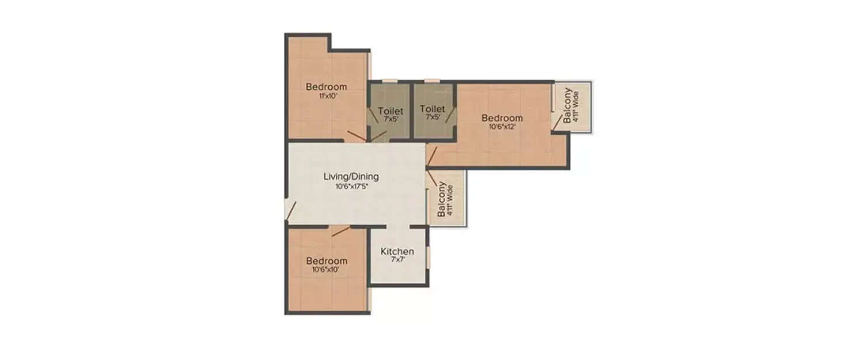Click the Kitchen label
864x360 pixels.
397,252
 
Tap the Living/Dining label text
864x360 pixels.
351,176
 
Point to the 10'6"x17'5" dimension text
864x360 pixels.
351,186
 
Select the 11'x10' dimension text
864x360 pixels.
326,96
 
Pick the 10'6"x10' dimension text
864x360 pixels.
326,269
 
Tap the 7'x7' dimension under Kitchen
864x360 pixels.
397,260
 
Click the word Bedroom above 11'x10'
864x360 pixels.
326,87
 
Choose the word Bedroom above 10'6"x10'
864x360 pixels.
326,260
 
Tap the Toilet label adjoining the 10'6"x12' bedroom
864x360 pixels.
432,109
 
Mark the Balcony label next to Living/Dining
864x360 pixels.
442,199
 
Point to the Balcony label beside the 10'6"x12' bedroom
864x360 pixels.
568,105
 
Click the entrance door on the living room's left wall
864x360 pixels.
290,211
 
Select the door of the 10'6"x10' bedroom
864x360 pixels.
340,231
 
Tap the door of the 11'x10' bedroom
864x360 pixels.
355,137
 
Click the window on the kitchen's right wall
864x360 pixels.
429,257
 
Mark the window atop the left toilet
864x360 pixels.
390,81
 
